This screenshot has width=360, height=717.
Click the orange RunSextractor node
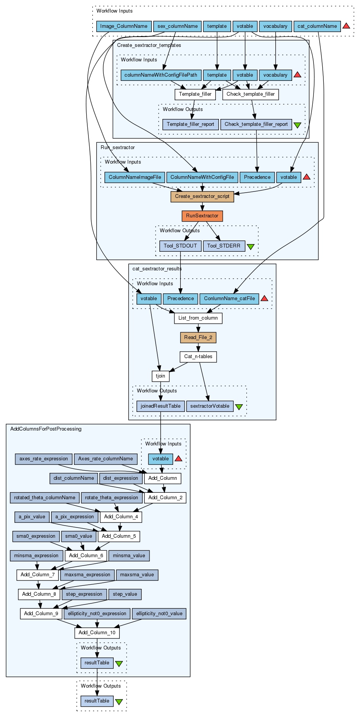point(202,216)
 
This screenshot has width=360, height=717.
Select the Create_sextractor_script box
point(202,196)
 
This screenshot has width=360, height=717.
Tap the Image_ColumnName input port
point(124,26)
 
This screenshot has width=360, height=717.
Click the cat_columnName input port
point(317,26)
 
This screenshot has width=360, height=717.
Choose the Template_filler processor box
point(195,94)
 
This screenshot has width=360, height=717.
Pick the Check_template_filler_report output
point(256,124)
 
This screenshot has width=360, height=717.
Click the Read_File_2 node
point(198,338)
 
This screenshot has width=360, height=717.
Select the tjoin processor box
point(161,376)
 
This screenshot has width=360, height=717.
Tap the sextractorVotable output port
point(210,406)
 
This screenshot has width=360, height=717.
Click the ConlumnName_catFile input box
point(229,299)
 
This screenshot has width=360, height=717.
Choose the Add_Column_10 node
point(97,633)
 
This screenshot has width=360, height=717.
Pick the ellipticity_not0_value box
point(159,614)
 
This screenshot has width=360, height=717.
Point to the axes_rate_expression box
point(43,459)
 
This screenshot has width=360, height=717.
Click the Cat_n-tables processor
point(198,357)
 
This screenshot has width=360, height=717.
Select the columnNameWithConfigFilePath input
point(161,75)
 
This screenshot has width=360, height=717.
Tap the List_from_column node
point(198,318)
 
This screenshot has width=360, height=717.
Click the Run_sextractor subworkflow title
point(117,148)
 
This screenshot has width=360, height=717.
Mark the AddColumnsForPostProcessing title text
point(46,429)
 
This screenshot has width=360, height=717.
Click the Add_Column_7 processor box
point(37,575)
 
